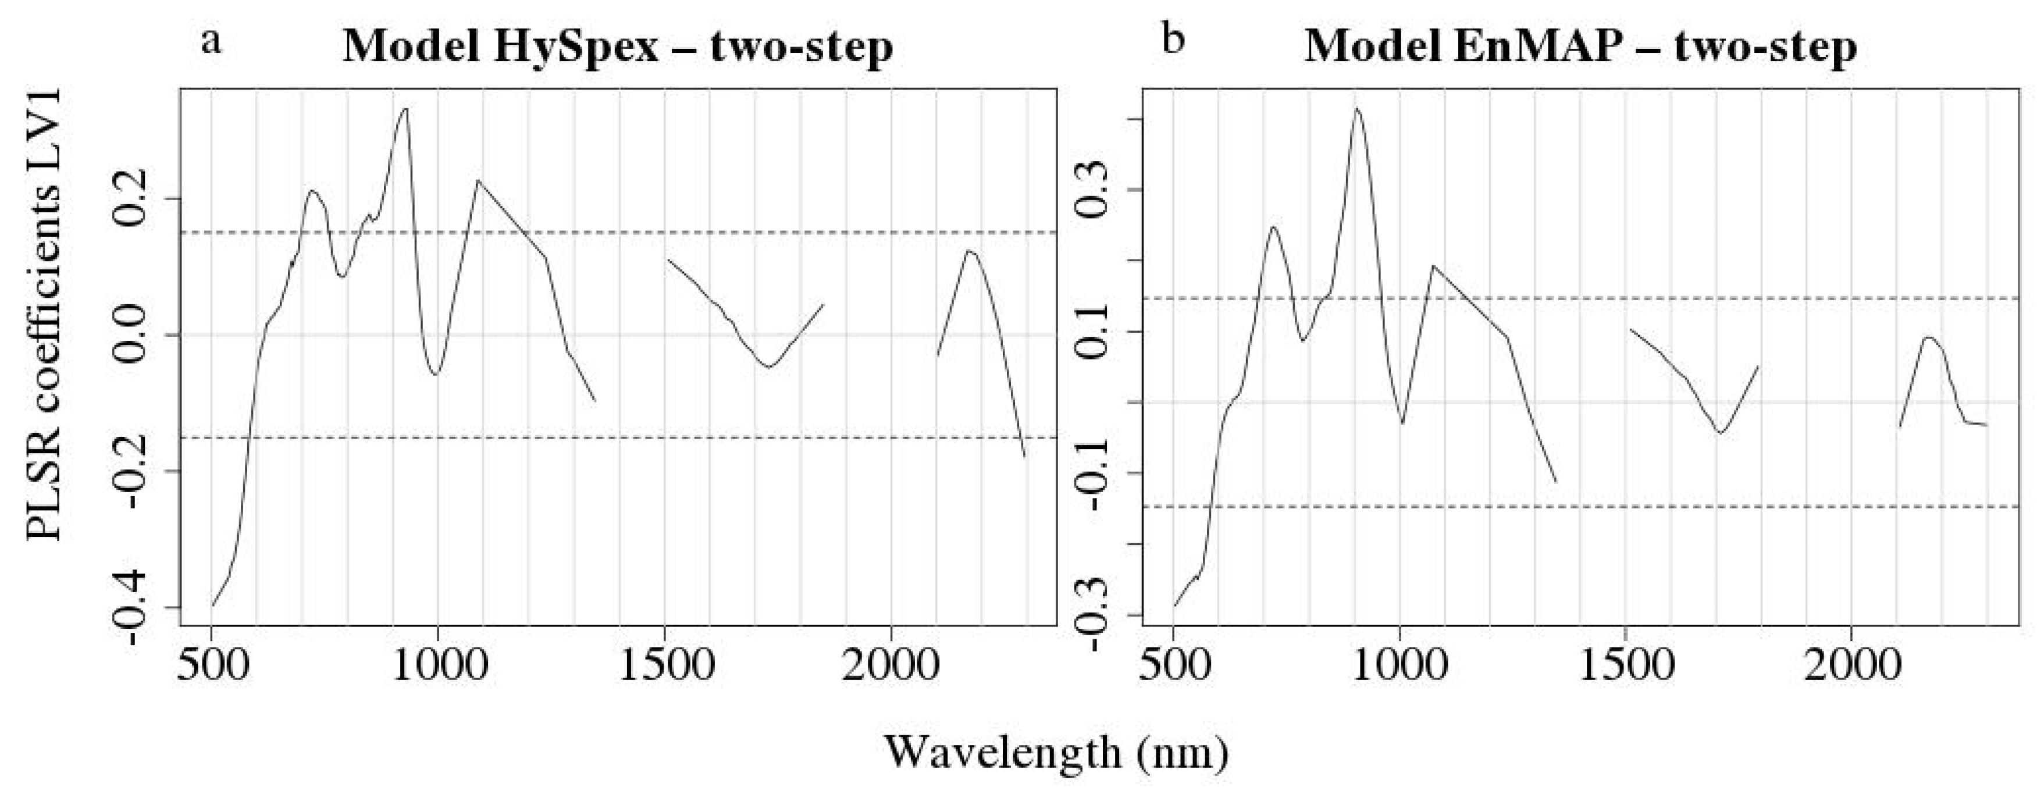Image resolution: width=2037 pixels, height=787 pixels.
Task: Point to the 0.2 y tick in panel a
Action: click(x=133, y=198)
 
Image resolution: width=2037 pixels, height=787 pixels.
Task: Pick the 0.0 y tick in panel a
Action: click(x=133, y=336)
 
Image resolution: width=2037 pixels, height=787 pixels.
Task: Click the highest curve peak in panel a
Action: click(x=405, y=109)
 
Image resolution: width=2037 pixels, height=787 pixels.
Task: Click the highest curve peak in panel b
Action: click(x=1356, y=109)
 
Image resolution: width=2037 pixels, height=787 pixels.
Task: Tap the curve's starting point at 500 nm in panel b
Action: click(x=1175, y=606)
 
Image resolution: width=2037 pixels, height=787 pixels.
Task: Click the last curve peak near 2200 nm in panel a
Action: click(x=970, y=251)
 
